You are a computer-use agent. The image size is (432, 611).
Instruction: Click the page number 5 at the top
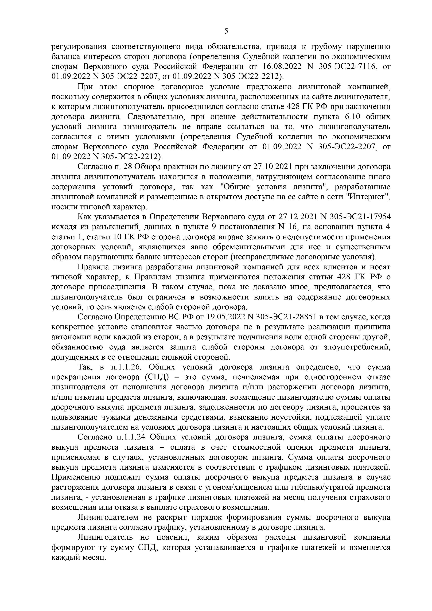(x=226, y=31)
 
